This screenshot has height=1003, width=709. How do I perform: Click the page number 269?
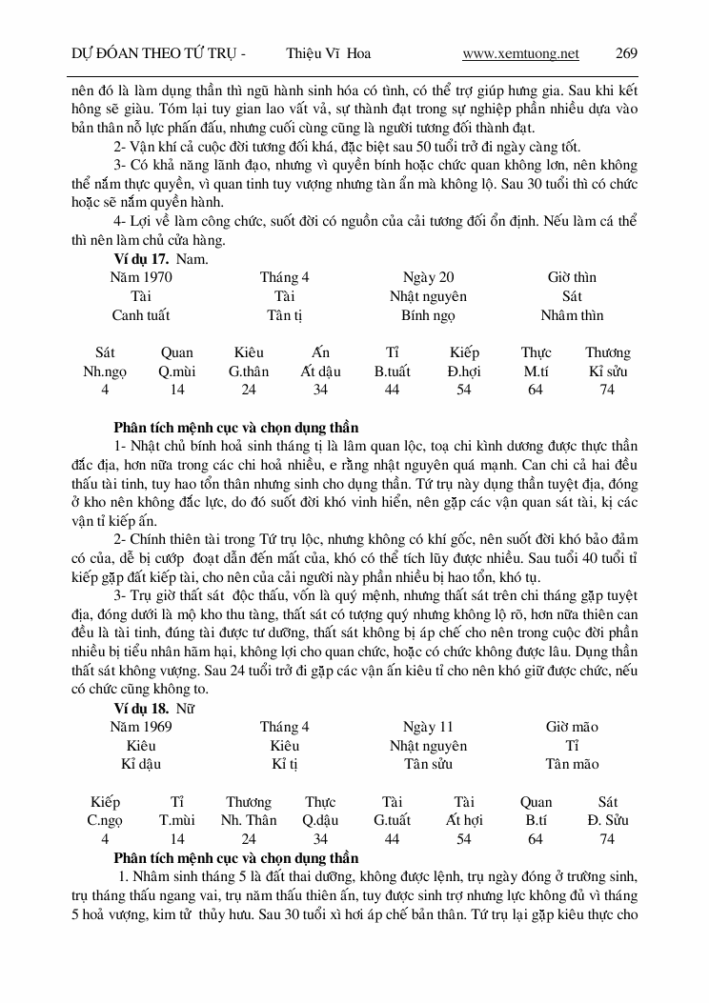(626, 53)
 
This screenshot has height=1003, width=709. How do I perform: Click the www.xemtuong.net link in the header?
(520, 53)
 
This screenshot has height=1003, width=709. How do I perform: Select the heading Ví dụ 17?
(141, 258)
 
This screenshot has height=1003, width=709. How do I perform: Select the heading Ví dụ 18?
(141, 707)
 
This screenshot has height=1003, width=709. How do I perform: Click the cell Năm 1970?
(141, 277)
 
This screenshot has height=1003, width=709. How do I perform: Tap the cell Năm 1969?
(141, 726)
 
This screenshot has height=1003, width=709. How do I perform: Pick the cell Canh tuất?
(141, 315)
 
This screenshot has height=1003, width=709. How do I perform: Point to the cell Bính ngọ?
(428, 315)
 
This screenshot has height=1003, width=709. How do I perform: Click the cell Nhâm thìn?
(572, 315)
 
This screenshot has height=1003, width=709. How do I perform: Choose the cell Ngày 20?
(428, 277)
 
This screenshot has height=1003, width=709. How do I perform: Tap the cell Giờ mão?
(572, 726)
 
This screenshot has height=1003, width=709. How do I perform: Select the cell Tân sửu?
(428, 764)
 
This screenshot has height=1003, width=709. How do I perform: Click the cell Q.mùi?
(177, 371)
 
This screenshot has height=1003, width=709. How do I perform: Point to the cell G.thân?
(249, 371)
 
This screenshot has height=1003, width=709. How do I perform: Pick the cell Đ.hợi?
(464, 371)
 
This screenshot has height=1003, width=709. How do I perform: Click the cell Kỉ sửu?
(607, 371)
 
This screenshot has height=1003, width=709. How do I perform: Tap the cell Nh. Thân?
(249, 820)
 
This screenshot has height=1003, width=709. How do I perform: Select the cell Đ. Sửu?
(607, 820)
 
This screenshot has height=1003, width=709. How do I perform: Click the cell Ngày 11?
(428, 726)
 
